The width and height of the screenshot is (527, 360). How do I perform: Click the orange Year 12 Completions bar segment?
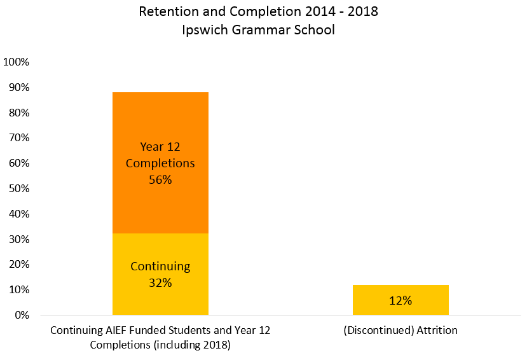coord(160,163)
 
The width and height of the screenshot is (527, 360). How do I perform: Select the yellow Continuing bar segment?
coord(160,274)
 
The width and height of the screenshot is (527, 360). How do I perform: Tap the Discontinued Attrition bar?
coord(400,300)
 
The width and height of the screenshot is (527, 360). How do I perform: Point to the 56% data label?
coord(160,180)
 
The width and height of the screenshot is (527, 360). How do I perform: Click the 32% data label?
coord(160,282)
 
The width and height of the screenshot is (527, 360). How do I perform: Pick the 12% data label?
coord(400,300)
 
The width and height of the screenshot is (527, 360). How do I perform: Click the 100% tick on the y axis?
coord(16,62)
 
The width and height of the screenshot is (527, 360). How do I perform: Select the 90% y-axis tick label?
coord(19,87)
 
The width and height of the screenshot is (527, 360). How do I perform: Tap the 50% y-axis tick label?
coord(19,188)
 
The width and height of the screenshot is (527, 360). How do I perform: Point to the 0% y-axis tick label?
coord(22,315)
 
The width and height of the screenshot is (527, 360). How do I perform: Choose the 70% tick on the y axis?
coord(19,138)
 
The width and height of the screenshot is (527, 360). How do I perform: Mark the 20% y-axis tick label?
coord(19,264)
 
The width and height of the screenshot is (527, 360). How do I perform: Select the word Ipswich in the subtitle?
coord(205,30)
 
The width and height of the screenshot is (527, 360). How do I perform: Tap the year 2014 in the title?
coord(320,11)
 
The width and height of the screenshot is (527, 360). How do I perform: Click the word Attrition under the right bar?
coord(437,330)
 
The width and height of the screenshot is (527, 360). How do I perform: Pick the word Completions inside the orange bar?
coord(160,163)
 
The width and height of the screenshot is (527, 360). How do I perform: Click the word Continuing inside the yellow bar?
coord(160,267)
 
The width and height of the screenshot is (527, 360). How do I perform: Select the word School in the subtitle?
coord(315,30)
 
